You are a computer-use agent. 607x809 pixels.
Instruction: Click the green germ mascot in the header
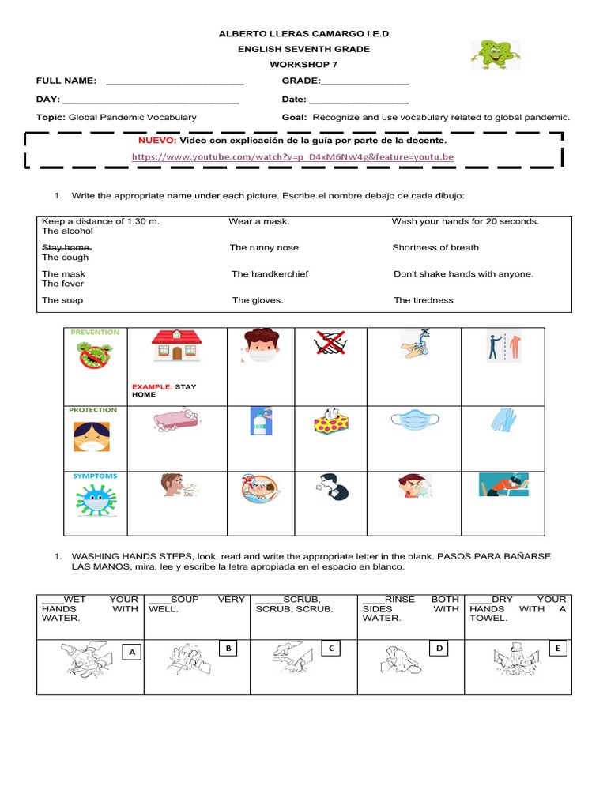tap(496, 54)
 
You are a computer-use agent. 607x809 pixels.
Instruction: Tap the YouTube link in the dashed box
tap(292, 157)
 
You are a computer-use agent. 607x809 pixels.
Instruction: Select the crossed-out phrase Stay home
tap(66, 247)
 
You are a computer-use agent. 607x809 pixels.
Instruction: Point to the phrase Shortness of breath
tap(435, 247)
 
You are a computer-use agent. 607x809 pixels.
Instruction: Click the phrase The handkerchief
tap(270, 274)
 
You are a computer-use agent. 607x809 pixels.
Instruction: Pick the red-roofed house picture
tap(176, 345)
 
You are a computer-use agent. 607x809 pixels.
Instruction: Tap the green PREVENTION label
tap(95, 332)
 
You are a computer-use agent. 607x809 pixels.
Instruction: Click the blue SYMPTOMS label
tap(95, 476)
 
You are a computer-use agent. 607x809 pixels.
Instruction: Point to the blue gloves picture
tap(503, 419)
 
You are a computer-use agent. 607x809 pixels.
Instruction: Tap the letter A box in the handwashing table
tap(132, 652)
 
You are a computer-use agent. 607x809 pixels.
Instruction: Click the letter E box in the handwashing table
tap(557, 649)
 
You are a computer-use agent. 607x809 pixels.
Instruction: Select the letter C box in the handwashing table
tap(332, 649)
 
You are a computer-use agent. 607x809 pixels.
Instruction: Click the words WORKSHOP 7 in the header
tap(303, 64)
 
